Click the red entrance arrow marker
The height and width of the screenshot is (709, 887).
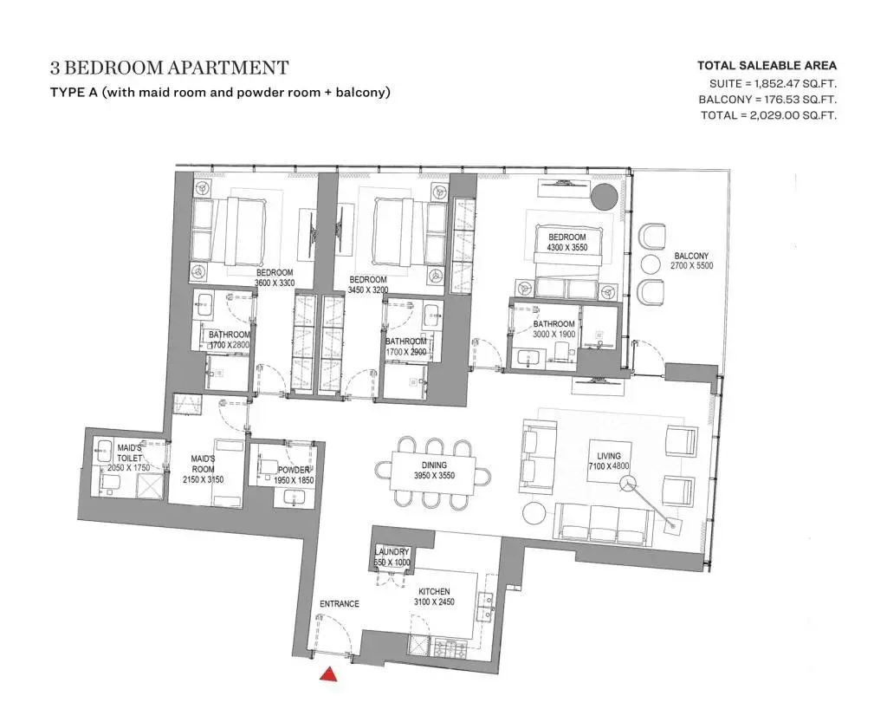pyautogui.click(x=328, y=674)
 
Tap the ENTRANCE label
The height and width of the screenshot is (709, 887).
pyautogui.click(x=340, y=604)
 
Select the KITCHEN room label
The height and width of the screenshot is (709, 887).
pyautogui.click(x=435, y=591)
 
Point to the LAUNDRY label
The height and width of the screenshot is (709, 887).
pyautogui.click(x=392, y=552)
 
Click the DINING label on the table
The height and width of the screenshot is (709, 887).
pyautogui.click(x=435, y=465)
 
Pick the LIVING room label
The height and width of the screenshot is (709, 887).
pyautogui.click(x=609, y=456)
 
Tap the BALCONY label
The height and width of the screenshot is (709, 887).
pyautogui.click(x=691, y=256)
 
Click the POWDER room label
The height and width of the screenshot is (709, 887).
pyautogui.click(x=294, y=470)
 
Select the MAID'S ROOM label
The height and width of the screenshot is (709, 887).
pyautogui.click(x=203, y=464)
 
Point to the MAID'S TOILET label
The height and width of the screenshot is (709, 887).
pyautogui.click(x=130, y=452)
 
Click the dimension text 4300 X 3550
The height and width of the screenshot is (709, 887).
pyautogui.click(x=567, y=247)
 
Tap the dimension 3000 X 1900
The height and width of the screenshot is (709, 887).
pyautogui.click(x=554, y=334)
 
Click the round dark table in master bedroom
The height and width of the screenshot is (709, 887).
pyautogui.click(x=605, y=197)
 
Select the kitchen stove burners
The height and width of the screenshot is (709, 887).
pyautogui.click(x=449, y=647)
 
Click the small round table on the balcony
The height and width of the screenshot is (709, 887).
pyautogui.click(x=651, y=265)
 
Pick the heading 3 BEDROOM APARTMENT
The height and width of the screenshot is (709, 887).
pyautogui.click(x=169, y=68)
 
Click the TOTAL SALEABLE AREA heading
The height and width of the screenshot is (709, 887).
pyautogui.click(x=767, y=66)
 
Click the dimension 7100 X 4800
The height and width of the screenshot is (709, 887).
pyautogui.click(x=609, y=465)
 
